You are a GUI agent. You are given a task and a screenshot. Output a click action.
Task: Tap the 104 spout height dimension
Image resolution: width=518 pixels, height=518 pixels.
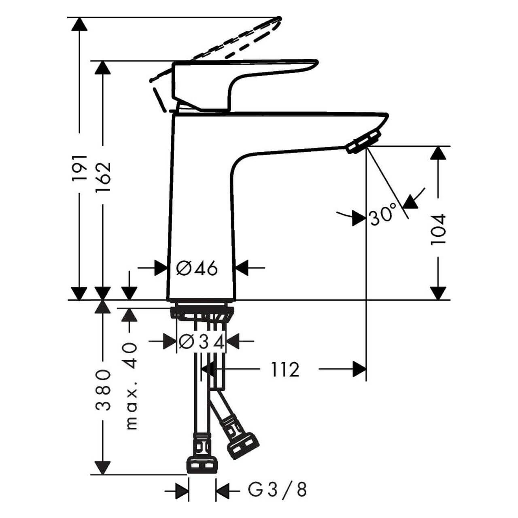click(438, 229)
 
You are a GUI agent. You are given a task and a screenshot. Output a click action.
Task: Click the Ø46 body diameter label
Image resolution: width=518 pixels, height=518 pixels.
click(197, 268)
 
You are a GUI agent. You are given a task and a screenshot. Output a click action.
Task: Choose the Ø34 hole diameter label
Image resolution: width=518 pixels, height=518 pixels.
click(202, 342)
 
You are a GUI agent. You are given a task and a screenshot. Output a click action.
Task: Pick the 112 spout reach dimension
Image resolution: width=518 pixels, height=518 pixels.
click(285, 369)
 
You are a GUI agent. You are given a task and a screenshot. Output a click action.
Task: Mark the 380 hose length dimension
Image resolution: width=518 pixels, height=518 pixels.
click(103, 390)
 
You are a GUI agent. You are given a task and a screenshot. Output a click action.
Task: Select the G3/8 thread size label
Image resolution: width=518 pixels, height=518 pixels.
click(278, 490)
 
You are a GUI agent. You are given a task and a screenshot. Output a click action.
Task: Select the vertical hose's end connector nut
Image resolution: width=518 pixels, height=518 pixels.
click(202, 465)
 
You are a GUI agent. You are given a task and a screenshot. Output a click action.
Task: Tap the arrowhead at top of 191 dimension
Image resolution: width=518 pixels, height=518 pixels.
click(79, 24)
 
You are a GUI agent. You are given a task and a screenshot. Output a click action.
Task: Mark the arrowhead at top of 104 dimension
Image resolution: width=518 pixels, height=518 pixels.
click(438, 153)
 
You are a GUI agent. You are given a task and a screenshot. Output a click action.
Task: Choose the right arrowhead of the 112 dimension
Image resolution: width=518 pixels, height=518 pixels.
click(359, 369)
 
